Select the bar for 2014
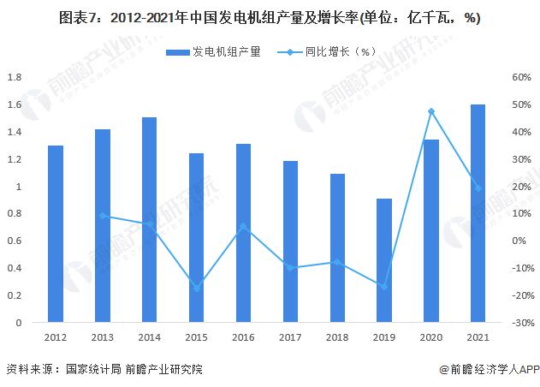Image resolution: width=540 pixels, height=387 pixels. click(149, 220)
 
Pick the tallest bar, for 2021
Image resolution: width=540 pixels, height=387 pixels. click(478, 213)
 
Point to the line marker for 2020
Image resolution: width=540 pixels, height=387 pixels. click(430, 111)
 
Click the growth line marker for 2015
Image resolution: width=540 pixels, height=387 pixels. click(196, 288)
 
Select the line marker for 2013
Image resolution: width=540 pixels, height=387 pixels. click(103, 216)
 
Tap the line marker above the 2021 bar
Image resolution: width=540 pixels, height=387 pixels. click(478, 188)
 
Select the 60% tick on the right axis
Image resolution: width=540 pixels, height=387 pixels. click(523, 77)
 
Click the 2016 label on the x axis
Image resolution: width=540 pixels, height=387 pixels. click(243, 338)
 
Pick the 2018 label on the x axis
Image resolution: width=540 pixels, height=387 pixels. click(337, 338)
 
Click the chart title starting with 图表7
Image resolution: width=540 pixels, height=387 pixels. click(270, 19)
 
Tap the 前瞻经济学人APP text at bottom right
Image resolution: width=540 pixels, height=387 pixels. click(489, 369)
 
